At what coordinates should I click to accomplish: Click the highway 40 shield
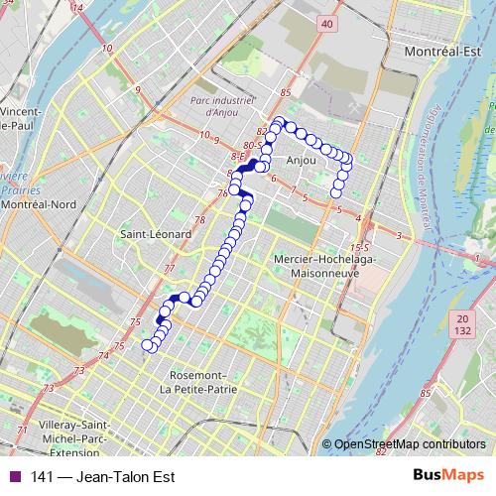(x=328, y=22)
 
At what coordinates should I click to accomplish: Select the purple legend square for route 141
(x=14, y=477)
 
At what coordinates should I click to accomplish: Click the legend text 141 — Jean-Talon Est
(x=97, y=477)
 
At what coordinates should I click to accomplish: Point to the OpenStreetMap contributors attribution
(x=409, y=444)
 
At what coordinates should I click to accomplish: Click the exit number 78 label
(x=199, y=220)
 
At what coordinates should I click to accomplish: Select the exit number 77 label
(x=168, y=268)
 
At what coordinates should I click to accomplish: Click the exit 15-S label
(x=359, y=246)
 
